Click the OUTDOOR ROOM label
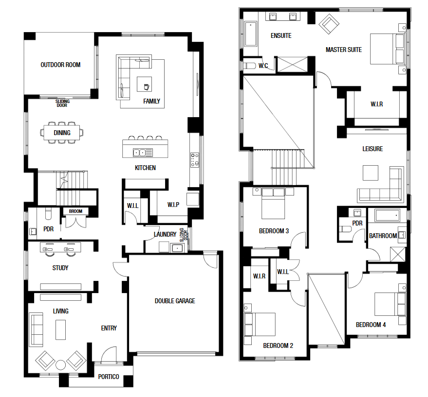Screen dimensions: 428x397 point(60,65)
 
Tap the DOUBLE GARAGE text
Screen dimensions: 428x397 point(175,301)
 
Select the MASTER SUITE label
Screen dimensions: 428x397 point(344,50)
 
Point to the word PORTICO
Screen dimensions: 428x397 point(109,377)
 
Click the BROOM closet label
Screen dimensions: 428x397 point(75,211)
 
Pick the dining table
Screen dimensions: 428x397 point(62,133)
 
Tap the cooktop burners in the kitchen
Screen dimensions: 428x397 point(195,160)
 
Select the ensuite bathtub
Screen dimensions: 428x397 point(251,34)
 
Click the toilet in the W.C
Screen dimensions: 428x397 point(249,66)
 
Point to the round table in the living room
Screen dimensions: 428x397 point(60,365)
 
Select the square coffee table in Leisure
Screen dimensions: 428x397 point(371,173)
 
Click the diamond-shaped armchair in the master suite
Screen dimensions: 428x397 point(329,24)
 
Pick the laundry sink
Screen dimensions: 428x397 point(177,248)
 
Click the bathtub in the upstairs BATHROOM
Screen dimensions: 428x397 point(387,215)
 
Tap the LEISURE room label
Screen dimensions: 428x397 point(372,149)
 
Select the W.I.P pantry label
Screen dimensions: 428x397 point(173,205)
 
